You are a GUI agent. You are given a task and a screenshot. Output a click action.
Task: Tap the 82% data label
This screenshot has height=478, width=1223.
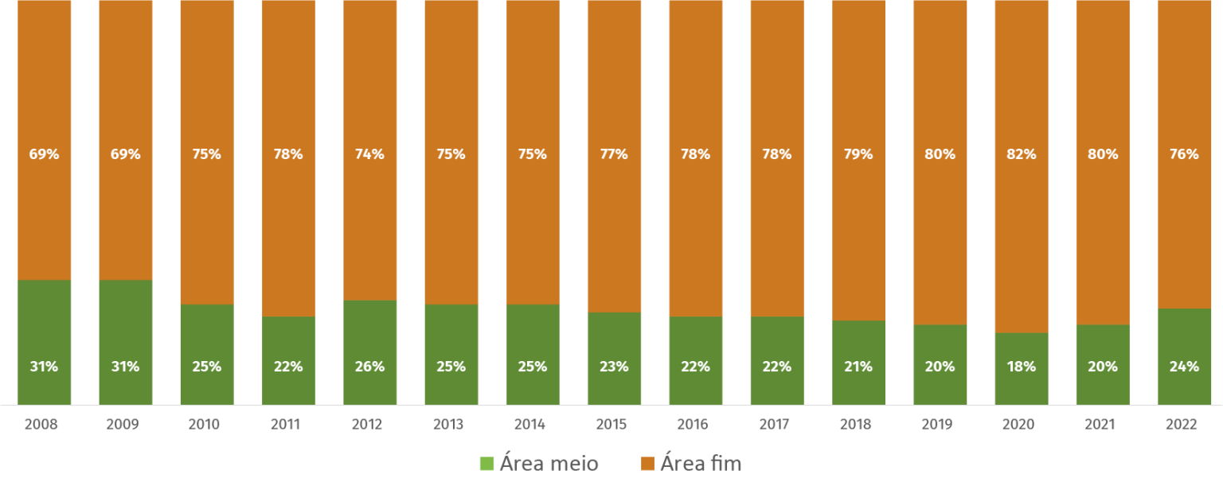1022,154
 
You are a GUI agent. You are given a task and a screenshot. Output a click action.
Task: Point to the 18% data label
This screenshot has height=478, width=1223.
1022,367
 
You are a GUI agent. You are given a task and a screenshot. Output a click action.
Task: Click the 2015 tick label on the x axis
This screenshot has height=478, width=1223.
611,425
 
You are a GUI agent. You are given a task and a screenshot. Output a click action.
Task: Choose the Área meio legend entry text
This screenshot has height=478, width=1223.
549,464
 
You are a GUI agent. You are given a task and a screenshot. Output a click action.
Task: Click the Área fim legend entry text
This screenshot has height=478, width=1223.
701,464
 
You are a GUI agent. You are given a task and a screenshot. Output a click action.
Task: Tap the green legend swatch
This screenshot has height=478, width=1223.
486,464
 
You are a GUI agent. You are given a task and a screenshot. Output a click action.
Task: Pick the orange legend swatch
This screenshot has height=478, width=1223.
647,464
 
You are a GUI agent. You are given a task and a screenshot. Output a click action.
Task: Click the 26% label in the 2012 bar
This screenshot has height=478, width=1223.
370,367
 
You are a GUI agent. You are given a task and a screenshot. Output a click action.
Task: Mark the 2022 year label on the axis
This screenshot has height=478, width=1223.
1181,425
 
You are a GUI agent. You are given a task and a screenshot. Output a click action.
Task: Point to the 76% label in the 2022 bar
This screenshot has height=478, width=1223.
1184,154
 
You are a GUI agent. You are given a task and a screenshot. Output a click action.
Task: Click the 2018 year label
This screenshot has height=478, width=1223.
855,425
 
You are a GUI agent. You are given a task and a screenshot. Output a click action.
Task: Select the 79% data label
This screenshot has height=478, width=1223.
858,154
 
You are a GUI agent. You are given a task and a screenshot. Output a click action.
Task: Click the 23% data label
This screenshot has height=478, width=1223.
614,367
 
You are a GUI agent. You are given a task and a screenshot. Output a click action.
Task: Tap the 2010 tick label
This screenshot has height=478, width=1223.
204,425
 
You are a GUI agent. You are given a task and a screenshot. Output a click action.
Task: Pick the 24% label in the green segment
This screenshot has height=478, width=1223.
1184,367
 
